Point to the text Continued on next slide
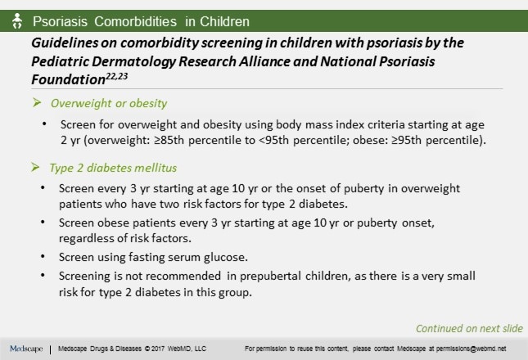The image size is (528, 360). point(469,329)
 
